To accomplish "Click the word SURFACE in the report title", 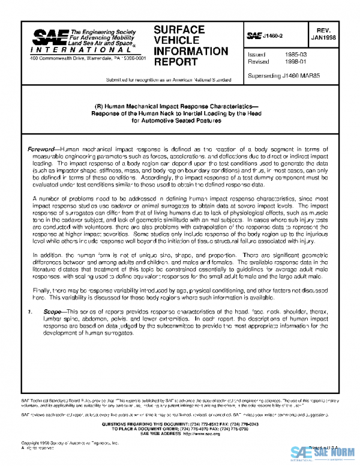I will click(179, 29).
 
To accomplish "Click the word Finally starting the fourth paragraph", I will click(38, 290).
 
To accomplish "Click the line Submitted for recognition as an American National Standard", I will click(169, 79).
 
